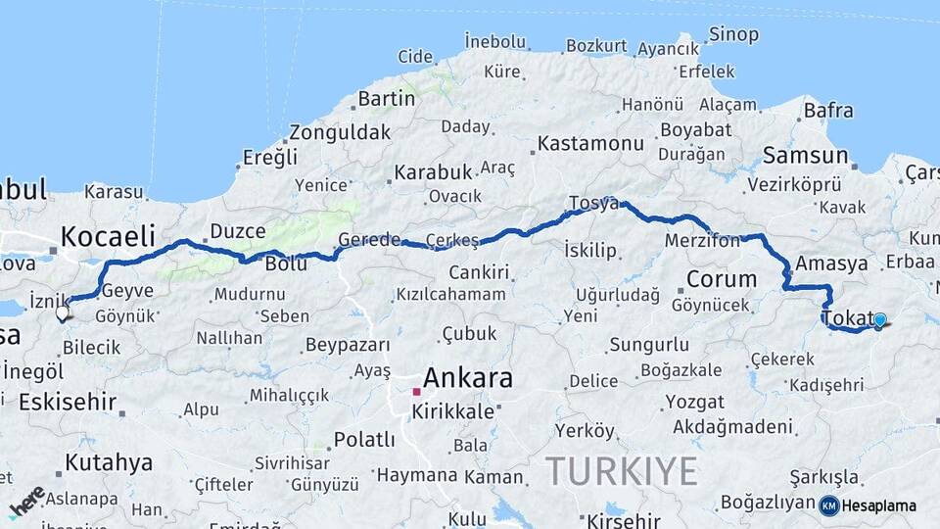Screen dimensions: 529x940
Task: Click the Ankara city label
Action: pos(468,377)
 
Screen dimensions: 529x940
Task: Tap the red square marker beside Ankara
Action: pos(416,392)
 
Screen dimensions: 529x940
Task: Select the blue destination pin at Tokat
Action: pos(879,320)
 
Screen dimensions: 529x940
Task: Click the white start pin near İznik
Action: pos(63,313)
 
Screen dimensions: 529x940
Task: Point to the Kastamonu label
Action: pos(590,144)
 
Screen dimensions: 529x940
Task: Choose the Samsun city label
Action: pos(805,155)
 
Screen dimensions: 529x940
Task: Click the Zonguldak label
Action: pos(340,132)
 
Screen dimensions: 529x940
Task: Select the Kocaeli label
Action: pos(108,236)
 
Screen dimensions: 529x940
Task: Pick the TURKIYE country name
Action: pos(622,471)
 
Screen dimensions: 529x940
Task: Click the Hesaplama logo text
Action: pos(878,505)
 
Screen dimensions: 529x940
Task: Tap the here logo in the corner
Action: pos(26,501)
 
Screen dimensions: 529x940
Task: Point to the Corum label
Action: pos(722,279)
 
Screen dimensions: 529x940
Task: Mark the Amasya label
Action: pos(831,264)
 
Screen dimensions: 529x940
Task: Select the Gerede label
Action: pos(369,240)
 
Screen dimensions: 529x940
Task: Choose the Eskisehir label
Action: pos(68,402)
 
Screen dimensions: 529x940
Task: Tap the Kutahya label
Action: pos(109,462)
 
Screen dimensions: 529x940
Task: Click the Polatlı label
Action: pos(364,439)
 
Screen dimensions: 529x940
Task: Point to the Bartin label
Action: pos(387,99)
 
